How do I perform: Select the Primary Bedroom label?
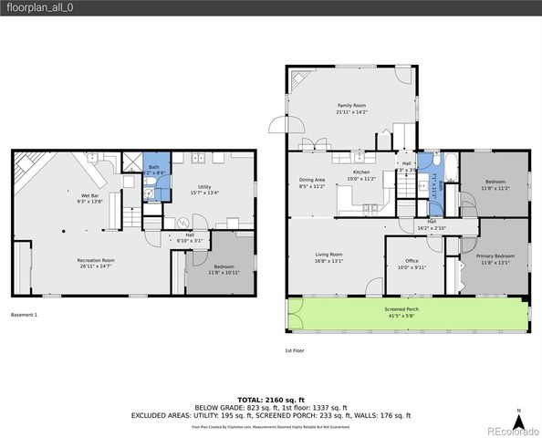495,256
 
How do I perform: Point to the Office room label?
412,262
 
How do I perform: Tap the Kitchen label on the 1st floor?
363,173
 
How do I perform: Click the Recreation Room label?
96,260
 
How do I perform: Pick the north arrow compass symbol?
519,420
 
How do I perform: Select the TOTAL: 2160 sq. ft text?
271,400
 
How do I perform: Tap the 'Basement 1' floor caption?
24,315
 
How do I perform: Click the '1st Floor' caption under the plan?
294,349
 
